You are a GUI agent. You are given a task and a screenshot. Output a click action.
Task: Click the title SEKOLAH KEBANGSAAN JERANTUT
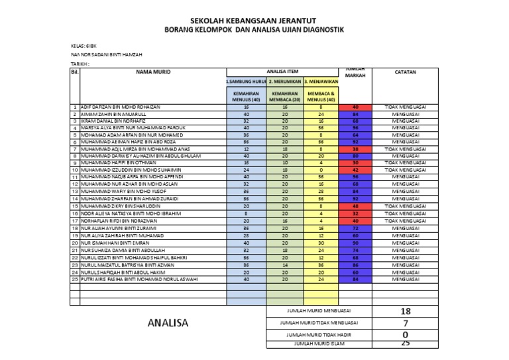click(x=254, y=21)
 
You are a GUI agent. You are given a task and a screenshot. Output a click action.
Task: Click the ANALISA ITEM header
click(x=282, y=70)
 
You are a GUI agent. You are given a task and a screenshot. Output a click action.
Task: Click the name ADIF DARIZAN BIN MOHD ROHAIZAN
click(x=120, y=107)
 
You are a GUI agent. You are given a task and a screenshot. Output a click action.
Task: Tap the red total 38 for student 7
click(x=355, y=150)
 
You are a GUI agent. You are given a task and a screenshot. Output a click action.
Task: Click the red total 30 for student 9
click(x=355, y=162)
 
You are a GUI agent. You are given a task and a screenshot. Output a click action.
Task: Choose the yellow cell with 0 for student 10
click(x=321, y=170)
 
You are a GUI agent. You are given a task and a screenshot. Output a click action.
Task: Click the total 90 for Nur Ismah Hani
click(x=355, y=242)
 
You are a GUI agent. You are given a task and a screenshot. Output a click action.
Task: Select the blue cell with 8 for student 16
click(x=247, y=213)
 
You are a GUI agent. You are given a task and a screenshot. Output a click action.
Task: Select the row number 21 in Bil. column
click(x=76, y=250)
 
